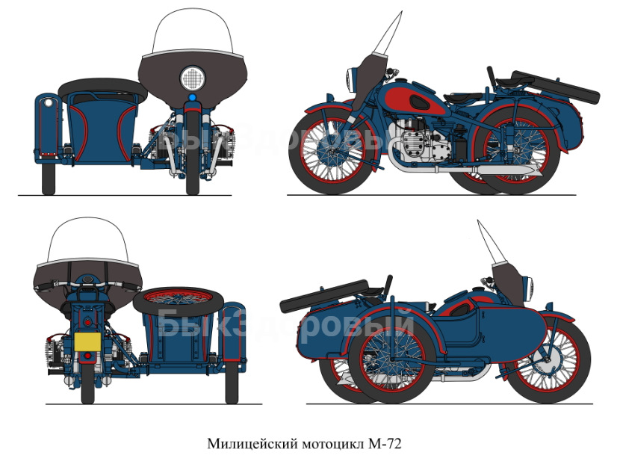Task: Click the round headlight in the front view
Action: (193, 78)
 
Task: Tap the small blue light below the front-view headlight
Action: (193, 97)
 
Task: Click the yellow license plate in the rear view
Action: (87, 342)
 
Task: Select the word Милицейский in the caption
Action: (252, 444)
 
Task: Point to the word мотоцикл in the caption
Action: (332, 445)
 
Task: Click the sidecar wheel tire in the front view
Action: (49, 179)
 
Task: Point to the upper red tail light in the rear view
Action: (87, 322)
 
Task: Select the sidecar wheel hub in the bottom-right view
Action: (391, 359)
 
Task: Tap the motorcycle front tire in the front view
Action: (193, 152)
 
